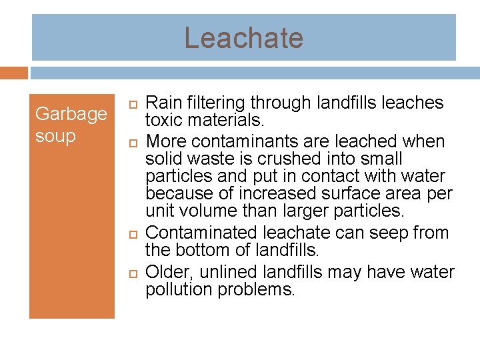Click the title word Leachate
click(x=243, y=38)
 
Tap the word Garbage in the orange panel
click(x=71, y=114)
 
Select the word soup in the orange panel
click(x=55, y=136)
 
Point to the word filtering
click(x=213, y=103)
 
